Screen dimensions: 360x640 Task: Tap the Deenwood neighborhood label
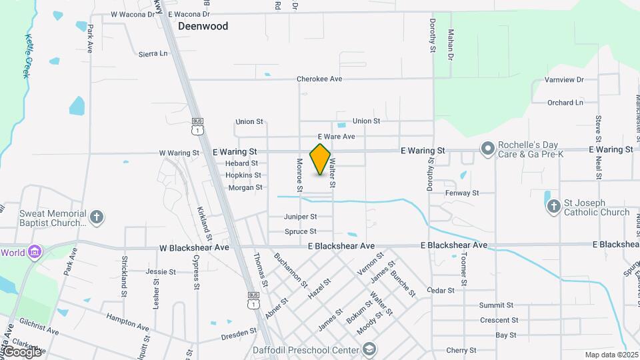pyautogui.click(x=203, y=27)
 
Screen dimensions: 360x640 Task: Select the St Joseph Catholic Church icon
pyautogui.click(x=553, y=207)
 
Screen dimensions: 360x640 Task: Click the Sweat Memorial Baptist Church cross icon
pyautogui.click(x=97, y=217)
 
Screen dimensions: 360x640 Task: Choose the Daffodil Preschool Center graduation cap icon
pyautogui.click(x=369, y=349)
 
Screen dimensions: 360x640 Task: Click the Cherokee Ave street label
pyautogui.click(x=319, y=79)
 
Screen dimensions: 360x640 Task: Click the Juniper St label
pyautogui.click(x=300, y=217)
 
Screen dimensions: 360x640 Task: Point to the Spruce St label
pyautogui.click(x=300, y=231)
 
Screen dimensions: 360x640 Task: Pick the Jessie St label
pyautogui.click(x=161, y=272)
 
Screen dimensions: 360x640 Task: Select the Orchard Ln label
pyautogui.click(x=565, y=103)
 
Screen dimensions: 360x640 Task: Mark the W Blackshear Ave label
pyautogui.click(x=194, y=247)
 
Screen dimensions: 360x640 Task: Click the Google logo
pyautogui.click(x=22, y=351)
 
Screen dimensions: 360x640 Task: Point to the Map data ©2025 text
pyautogui.click(x=611, y=355)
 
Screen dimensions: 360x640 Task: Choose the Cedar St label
pyautogui.click(x=440, y=291)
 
